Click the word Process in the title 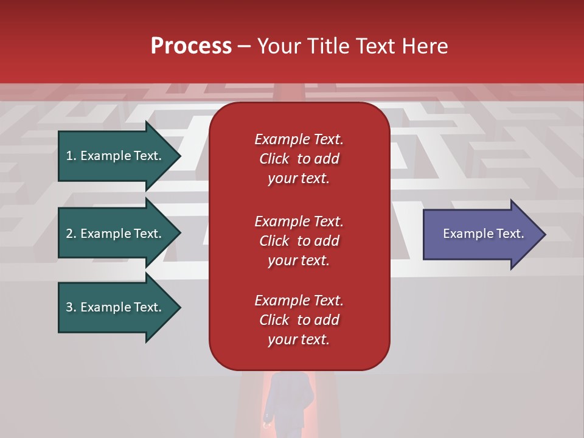pos(191,46)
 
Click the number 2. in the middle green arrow pos(71,234)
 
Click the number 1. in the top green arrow pos(71,156)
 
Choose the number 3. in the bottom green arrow pos(71,307)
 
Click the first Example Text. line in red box pos(299,139)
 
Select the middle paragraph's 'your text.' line pos(299,260)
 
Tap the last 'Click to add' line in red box pos(299,320)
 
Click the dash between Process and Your pos(244,46)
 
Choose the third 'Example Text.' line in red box pos(299,301)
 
